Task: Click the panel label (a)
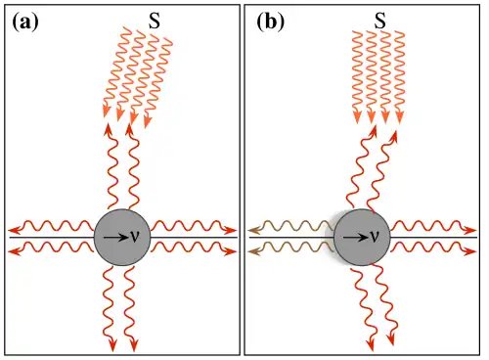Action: [25, 22]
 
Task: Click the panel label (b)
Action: [271, 22]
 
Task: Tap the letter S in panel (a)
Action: [155, 22]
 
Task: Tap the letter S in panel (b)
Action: [379, 22]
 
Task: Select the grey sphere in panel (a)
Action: [122, 238]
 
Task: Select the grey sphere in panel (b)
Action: [362, 238]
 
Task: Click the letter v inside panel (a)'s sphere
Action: [135, 237]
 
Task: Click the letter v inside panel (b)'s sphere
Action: [375, 237]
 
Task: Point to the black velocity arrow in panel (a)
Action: [115, 238]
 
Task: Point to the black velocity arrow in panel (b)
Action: [356, 238]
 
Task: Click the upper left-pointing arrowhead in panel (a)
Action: [14, 230]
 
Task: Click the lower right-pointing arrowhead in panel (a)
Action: [231, 251]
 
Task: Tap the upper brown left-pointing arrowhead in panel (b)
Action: [253, 231]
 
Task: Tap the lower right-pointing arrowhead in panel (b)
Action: [470, 251]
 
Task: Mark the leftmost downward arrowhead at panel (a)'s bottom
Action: [112, 346]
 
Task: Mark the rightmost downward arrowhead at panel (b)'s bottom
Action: [391, 339]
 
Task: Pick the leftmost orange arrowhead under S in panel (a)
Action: [106, 111]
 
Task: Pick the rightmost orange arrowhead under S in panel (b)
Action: [399, 117]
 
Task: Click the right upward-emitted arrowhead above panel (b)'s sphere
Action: [393, 136]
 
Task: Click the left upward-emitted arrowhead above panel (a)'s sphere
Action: [108, 129]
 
